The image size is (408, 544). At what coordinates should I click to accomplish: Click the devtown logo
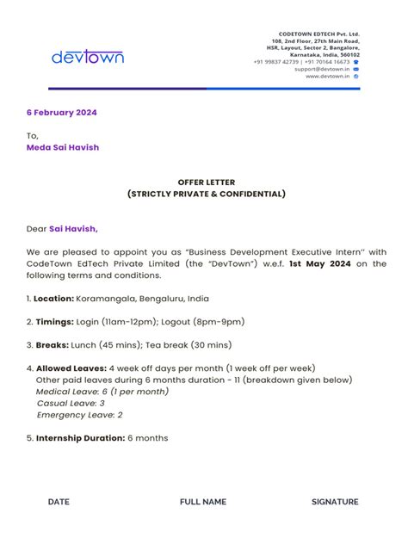[88, 58]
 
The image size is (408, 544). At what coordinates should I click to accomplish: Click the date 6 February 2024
[61, 113]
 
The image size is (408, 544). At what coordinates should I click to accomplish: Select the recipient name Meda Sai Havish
[63, 147]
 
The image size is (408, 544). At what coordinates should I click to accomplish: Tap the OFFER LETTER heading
[206, 182]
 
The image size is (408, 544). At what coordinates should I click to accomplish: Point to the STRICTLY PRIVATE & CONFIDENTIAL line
[206, 194]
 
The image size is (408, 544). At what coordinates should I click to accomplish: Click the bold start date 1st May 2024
[319, 264]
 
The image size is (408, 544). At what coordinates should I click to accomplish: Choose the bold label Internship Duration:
[81, 438]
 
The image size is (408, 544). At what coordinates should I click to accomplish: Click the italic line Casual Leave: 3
[71, 403]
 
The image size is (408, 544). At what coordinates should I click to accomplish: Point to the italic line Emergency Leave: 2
[79, 415]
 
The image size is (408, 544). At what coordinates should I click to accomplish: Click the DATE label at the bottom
[59, 502]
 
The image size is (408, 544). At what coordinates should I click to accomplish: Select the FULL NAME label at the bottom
[203, 502]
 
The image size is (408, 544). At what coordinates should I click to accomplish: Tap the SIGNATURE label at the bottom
[335, 502]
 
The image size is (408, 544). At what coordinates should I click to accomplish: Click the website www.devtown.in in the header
[323, 76]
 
